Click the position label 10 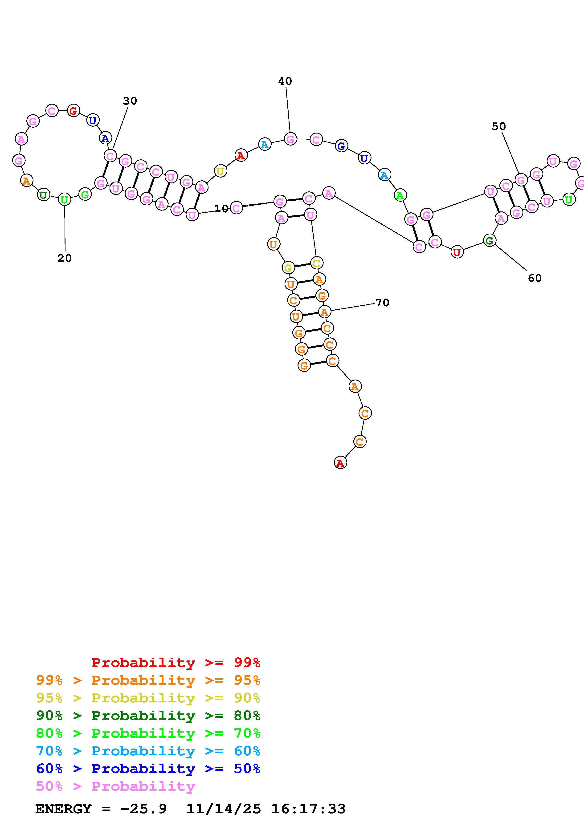click(221, 209)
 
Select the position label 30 click(130, 101)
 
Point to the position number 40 click(285, 81)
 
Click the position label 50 click(499, 126)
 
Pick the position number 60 click(535, 278)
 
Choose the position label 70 click(382, 303)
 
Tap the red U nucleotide click(457, 252)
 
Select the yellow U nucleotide click(220, 171)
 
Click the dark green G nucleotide click(489, 240)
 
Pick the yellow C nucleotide click(316, 263)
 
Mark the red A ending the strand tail click(340, 463)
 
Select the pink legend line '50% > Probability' click(115, 786)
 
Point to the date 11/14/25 click(224, 809)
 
